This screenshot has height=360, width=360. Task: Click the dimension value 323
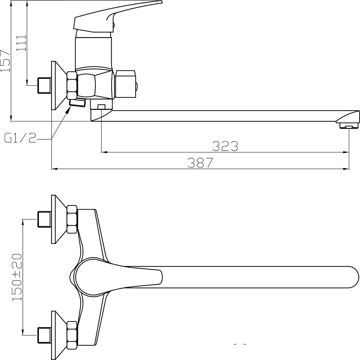(x=225, y=146)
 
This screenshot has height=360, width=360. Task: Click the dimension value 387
(x=200, y=163)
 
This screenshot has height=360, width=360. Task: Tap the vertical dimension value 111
(x=21, y=43)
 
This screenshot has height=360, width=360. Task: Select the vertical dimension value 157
(x=5, y=61)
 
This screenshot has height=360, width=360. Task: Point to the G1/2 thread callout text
(x=21, y=138)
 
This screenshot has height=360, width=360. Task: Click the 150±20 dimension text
(x=17, y=277)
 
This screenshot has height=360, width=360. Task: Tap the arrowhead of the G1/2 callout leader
(x=68, y=110)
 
